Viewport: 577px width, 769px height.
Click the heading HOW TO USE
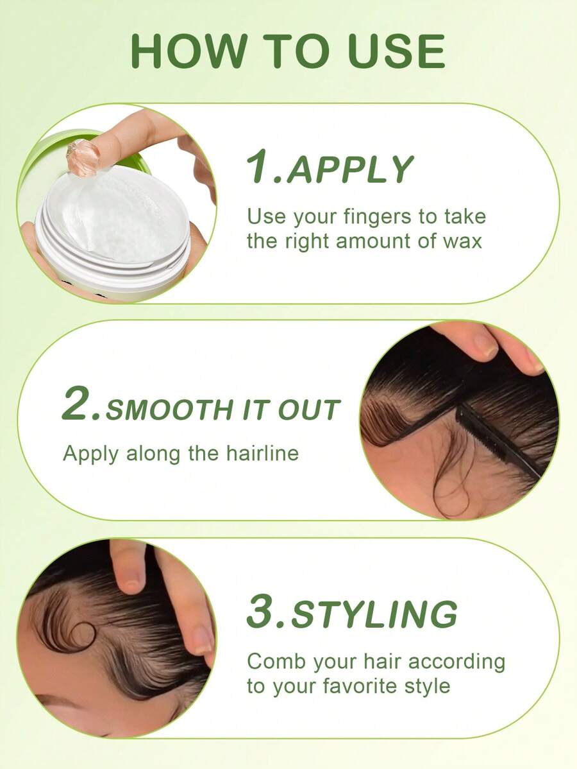point(288,51)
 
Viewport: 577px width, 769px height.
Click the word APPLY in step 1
point(350,169)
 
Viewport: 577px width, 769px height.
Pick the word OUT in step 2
point(309,410)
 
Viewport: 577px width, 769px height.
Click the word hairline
point(262,453)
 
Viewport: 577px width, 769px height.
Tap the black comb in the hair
point(499,439)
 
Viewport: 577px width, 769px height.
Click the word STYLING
point(374,614)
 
